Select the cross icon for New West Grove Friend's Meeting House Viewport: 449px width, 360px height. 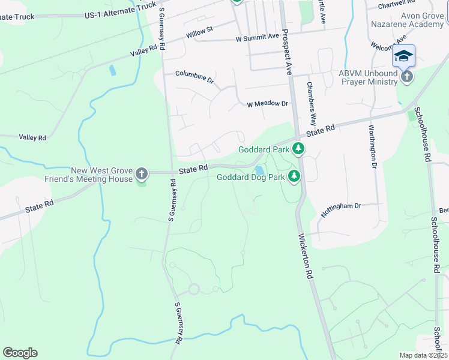click(142, 174)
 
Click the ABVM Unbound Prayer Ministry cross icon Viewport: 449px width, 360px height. click(407, 77)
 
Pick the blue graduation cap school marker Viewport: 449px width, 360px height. click(403, 56)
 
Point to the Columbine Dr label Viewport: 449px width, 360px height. click(194, 76)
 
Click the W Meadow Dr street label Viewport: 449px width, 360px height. click(268, 104)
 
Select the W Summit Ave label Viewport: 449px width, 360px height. click(258, 37)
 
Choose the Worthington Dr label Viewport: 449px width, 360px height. click(373, 147)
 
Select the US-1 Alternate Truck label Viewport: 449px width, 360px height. click(121, 9)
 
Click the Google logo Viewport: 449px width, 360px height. click(20, 353)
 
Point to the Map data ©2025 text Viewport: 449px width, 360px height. click(423, 355)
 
